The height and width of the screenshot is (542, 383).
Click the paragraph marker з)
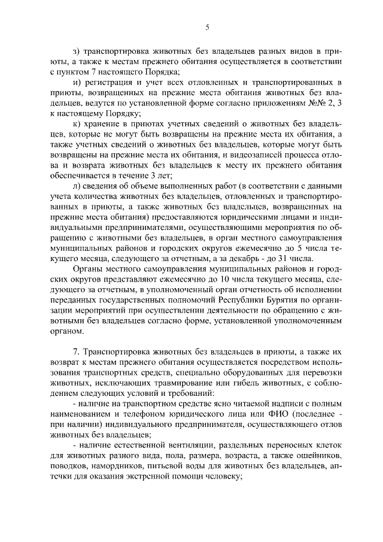tap(75, 50)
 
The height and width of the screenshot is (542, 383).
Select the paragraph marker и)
tap(75, 81)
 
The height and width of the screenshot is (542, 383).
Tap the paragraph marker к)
tap(75, 123)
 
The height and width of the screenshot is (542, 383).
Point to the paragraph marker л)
tap(75, 186)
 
